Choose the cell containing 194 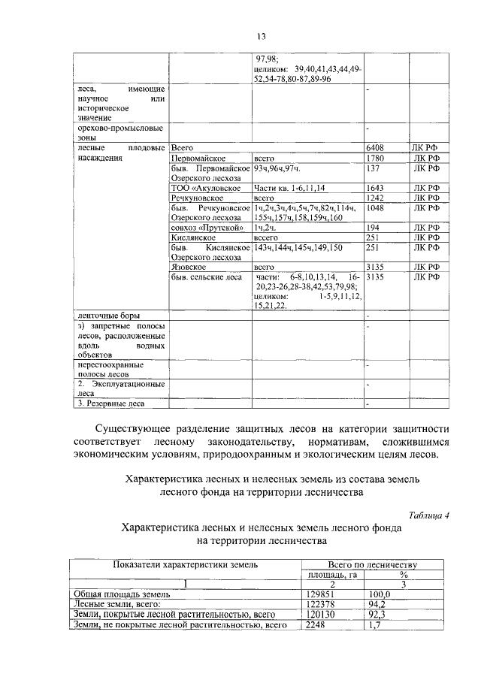(x=373, y=227)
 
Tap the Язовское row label (x=189, y=266)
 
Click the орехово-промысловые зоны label (x=120, y=133)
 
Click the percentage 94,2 (x=385, y=603)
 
